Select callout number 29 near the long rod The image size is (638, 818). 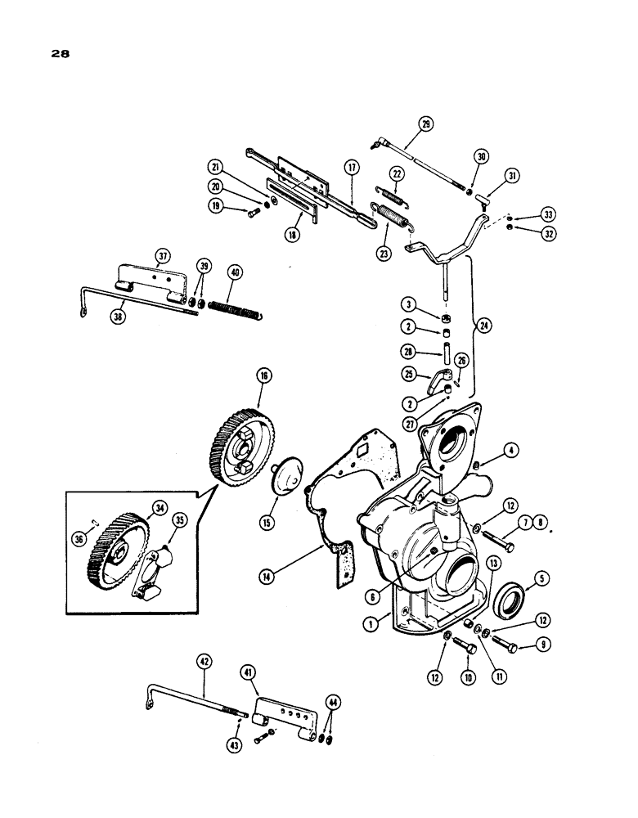[425, 125]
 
